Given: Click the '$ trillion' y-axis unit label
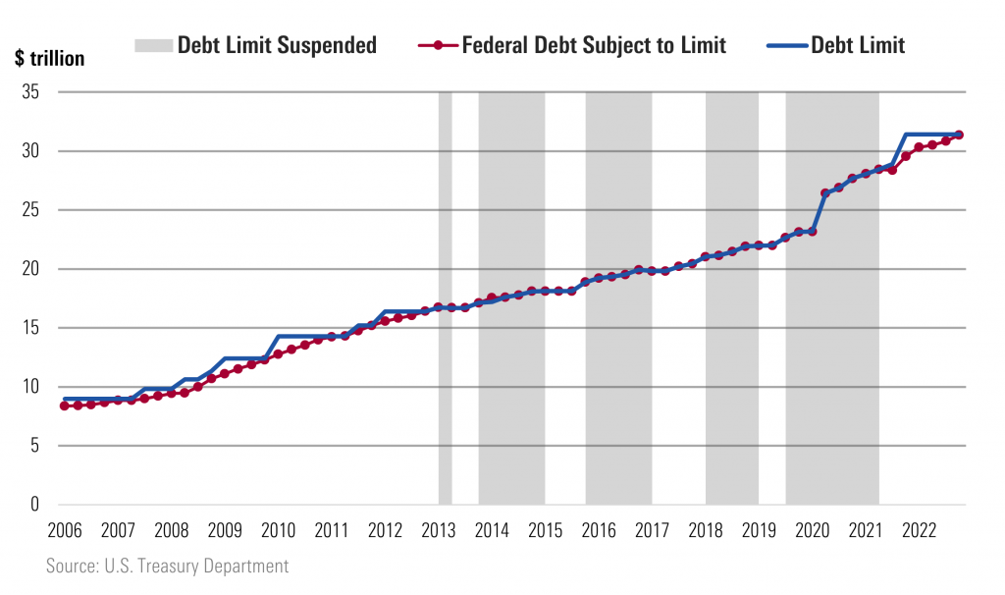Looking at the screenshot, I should pos(49,59).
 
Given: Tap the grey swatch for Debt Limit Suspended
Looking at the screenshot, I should pos(152,45).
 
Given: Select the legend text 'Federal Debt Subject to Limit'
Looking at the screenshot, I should pos(593,45).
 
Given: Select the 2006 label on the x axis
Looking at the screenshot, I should pos(65,531).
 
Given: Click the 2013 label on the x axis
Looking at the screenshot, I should pos(438,531).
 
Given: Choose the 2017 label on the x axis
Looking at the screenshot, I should pos(651,531).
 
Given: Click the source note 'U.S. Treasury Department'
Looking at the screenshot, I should pos(167,567).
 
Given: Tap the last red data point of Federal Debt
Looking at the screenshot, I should pos(959,135).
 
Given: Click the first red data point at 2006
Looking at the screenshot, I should pos(65,406).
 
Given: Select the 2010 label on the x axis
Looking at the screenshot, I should pos(278,531).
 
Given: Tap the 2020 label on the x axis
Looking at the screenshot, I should pos(811,531).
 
